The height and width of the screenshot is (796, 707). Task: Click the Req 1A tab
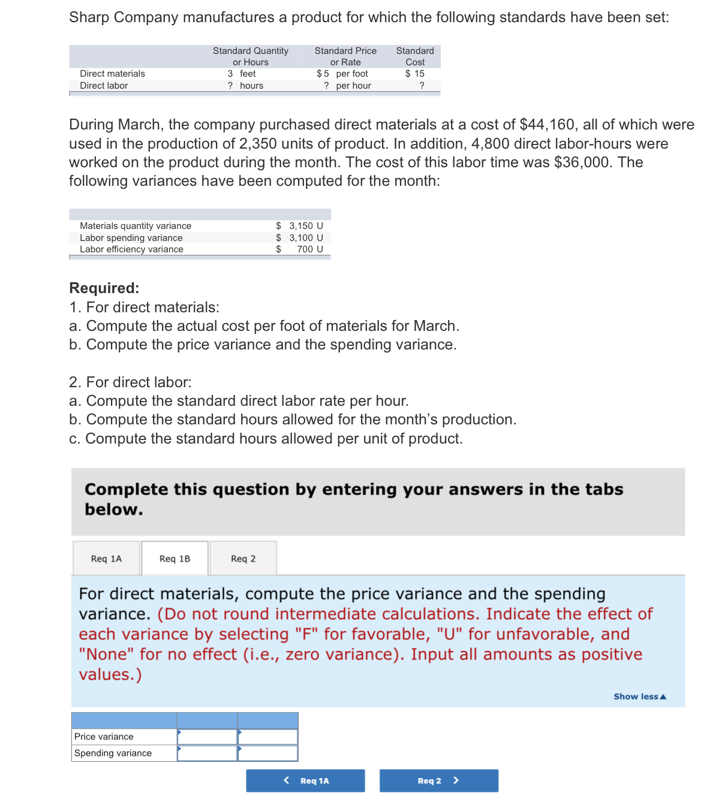[106, 559]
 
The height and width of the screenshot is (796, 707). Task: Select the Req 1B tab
[175, 559]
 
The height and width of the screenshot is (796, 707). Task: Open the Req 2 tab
[243, 559]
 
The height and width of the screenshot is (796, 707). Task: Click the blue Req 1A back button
[305, 780]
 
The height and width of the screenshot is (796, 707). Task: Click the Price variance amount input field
[207, 737]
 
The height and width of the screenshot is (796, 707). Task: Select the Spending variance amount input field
[207, 753]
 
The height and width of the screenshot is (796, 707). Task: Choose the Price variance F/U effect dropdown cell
[268, 737]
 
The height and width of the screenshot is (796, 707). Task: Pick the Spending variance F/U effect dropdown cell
[268, 753]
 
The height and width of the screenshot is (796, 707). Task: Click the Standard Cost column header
[415, 56]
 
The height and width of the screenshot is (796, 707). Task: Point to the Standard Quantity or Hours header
[251, 56]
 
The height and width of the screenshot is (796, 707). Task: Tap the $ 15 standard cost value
[415, 74]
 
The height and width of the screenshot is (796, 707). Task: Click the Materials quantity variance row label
[136, 226]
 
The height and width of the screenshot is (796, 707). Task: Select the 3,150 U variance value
[305, 226]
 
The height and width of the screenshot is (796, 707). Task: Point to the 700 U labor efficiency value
[309, 249]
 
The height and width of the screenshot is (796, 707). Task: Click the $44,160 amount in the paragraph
[547, 125]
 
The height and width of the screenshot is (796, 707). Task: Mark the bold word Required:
[104, 288]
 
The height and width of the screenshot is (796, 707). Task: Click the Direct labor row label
[104, 86]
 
